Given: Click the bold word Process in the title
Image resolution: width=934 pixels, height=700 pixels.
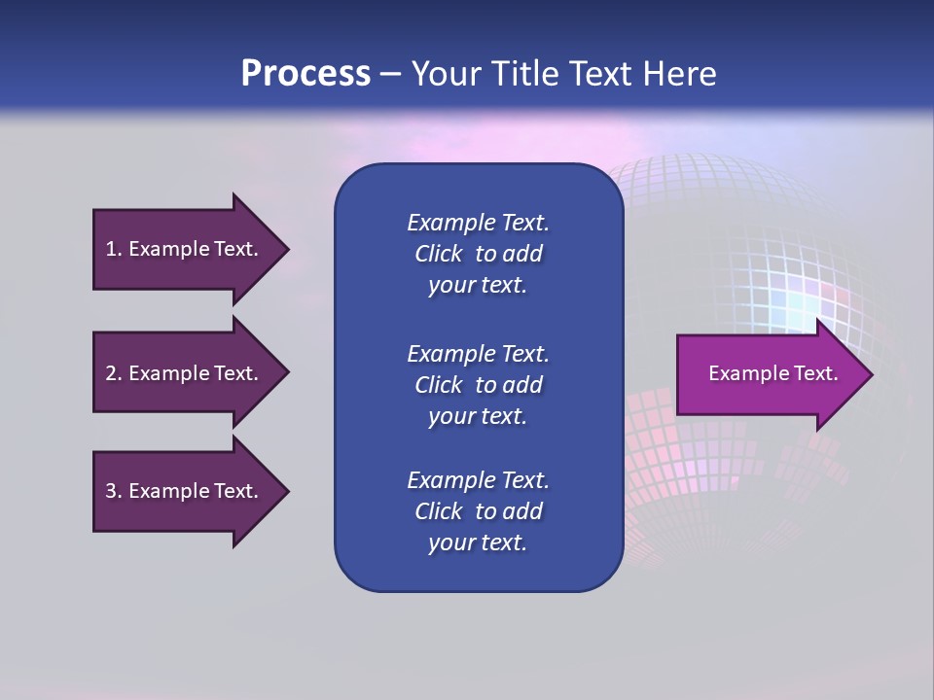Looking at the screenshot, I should (x=305, y=73).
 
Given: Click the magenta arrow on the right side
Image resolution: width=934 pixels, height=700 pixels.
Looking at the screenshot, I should (x=769, y=374).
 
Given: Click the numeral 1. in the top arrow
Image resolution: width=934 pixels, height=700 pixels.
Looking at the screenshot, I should (x=113, y=249).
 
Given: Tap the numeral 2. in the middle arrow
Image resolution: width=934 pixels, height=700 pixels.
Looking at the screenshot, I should (x=113, y=373).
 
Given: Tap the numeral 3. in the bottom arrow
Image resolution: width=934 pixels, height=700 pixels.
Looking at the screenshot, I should (x=113, y=491).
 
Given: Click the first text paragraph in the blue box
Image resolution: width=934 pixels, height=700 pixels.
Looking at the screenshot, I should (x=478, y=254).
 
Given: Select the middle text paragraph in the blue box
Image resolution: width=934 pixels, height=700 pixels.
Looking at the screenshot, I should (x=478, y=385).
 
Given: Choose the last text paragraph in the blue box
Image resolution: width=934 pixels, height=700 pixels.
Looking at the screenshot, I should (x=478, y=511).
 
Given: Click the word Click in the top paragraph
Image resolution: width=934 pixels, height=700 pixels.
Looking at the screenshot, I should (x=438, y=254).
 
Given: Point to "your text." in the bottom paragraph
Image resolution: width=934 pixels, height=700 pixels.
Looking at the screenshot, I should (x=478, y=542).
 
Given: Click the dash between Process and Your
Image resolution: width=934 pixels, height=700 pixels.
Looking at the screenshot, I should (x=390, y=74).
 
